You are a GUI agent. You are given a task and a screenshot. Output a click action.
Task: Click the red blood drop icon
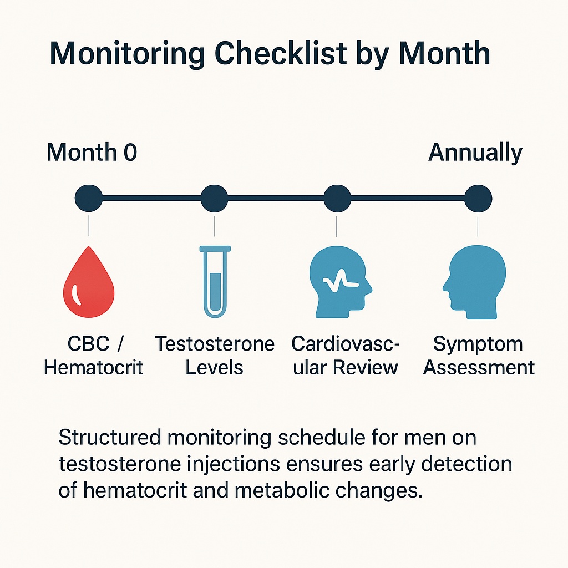click(x=89, y=284)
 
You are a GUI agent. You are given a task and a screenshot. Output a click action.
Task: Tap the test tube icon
click(x=214, y=282)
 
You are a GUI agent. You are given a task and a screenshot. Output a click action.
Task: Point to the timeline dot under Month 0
click(x=89, y=198)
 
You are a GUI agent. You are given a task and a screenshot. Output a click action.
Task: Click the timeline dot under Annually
click(x=478, y=198)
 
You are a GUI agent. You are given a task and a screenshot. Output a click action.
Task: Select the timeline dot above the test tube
click(x=214, y=198)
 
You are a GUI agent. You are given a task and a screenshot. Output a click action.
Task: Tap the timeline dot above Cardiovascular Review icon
click(x=337, y=198)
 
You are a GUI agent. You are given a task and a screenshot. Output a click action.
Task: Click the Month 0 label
click(x=92, y=153)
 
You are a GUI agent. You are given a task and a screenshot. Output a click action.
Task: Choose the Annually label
click(x=475, y=153)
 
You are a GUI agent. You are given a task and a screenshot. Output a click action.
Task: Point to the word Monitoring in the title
click(x=125, y=54)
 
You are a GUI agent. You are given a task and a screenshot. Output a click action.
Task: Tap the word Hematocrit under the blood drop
click(x=94, y=367)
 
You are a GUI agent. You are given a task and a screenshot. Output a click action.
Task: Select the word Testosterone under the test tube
click(x=215, y=344)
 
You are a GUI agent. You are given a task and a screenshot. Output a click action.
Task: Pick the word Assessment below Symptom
click(x=479, y=367)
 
